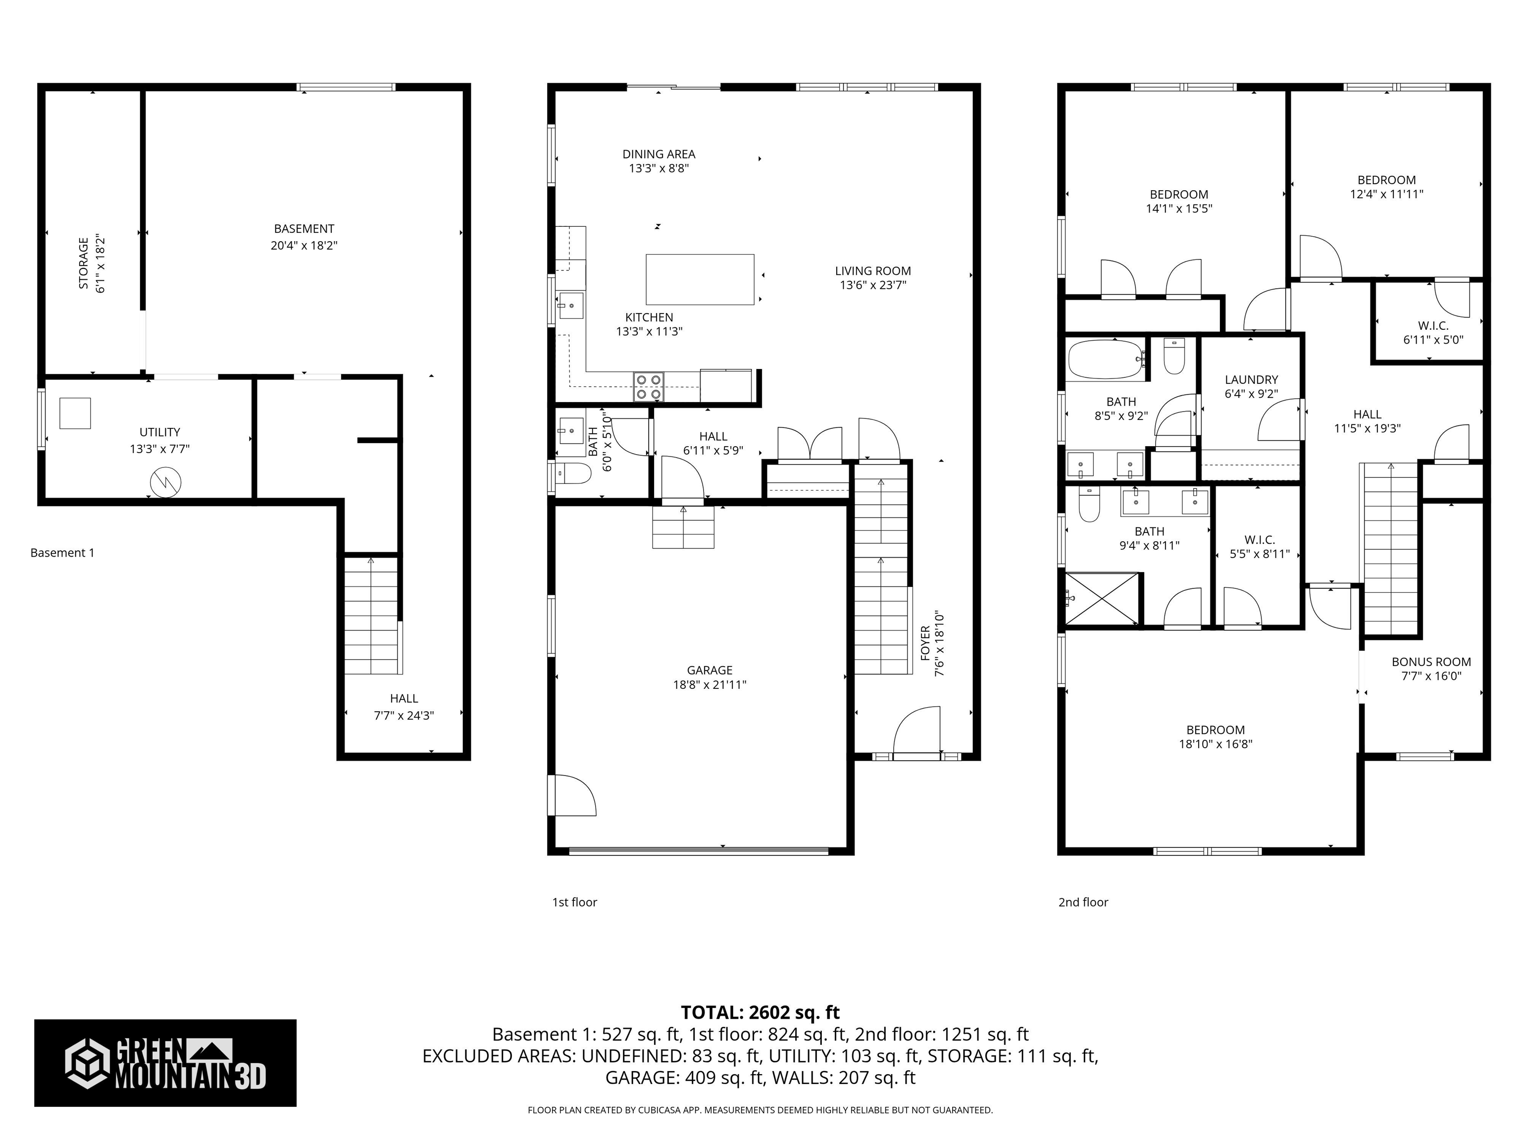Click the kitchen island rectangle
pyautogui.click(x=699, y=279)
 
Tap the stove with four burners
pyautogui.click(x=649, y=386)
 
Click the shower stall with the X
pyautogui.click(x=1102, y=598)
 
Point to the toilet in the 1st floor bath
pyautogui.click(x=575, y=473)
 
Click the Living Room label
pyautogui.click(x=872, y=271)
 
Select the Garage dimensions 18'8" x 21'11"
pyautogui.click(x=710, y=684)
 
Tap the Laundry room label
pyautogui.click(x=1251, y=380)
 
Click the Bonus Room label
pyautogui.click(x=1431, y=662)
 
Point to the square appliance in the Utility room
pyautogui.click(x=74, y=414)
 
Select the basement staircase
pyautogui.click(x=371, y=616)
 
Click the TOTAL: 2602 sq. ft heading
pyautogui.click(x=760, y=1012)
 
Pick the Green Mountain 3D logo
pyautogui.click(x=165, y=1063)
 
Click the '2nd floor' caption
pyautogui.click(x=1083, y=902)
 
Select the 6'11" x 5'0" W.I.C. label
pyautogui.click(x=1433, y=333)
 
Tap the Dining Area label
pyautogui.click(x=659, y=154)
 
